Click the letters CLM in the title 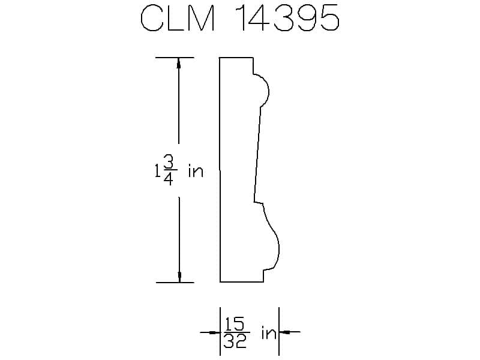pyautogui.click(x=178, y=18)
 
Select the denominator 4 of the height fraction pyautogui.click(x=169, y=179)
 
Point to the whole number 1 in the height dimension pyautogui.click(x=158, y=171)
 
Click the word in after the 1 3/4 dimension pyautogui.click(x=196, y=172)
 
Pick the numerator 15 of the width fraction pyautogui.click(x=235, y=324)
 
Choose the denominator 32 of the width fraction pyautogui.click(x=235, y=341)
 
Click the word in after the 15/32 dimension pyautogui.click(x=269, y=333)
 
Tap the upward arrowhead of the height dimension pyautogui.click(x=179, y=62)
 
